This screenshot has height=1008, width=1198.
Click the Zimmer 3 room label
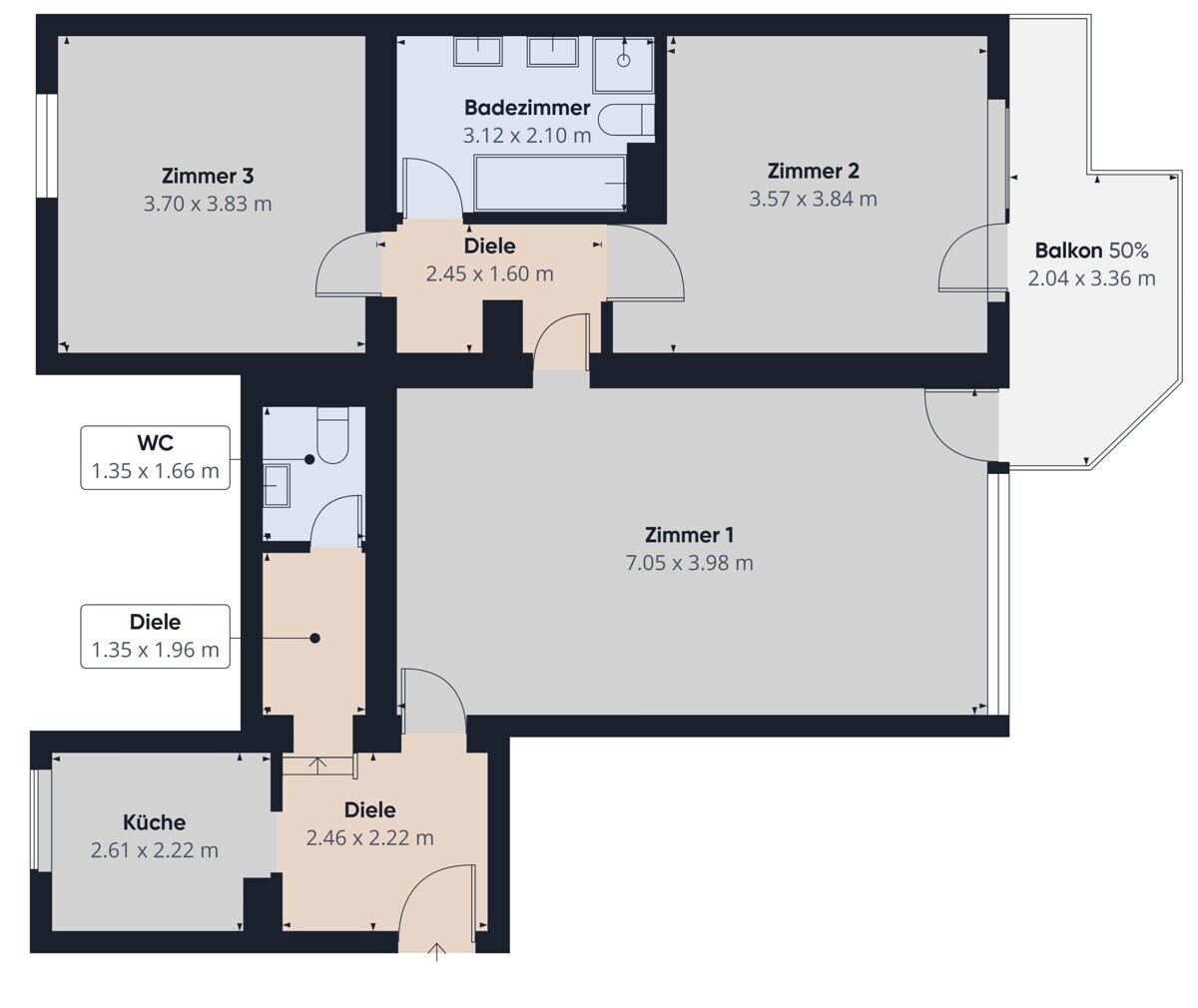tap(207, 176)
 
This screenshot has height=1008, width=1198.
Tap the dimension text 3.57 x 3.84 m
tap(813, 199)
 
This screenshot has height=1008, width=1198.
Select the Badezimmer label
tap(527, 108)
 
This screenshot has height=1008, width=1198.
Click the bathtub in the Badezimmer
tap(550, 183)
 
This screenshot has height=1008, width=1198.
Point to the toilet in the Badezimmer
tap(626, 120)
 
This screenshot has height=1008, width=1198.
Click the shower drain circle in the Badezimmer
tap(624, 60)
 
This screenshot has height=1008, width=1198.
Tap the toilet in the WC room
tap(332, 435)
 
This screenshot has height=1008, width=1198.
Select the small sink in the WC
tap(276, 485)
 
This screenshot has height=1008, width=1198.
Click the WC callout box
tap(155, 457)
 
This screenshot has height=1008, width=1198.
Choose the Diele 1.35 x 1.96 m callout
tap(155, 637)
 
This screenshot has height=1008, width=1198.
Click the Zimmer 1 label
tap(689, 535)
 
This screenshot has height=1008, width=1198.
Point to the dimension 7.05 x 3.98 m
tap(689, 563)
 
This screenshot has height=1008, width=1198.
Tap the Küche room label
tap(155, 822)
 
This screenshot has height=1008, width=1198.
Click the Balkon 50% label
tap(1091, 251)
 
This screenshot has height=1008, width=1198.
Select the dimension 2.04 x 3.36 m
tap(1091, 278)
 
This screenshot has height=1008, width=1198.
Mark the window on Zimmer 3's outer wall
tap(47, 145)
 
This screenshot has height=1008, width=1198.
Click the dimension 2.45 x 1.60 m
tap(489, 274)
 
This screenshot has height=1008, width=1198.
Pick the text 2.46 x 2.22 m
tap(370, 838)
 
